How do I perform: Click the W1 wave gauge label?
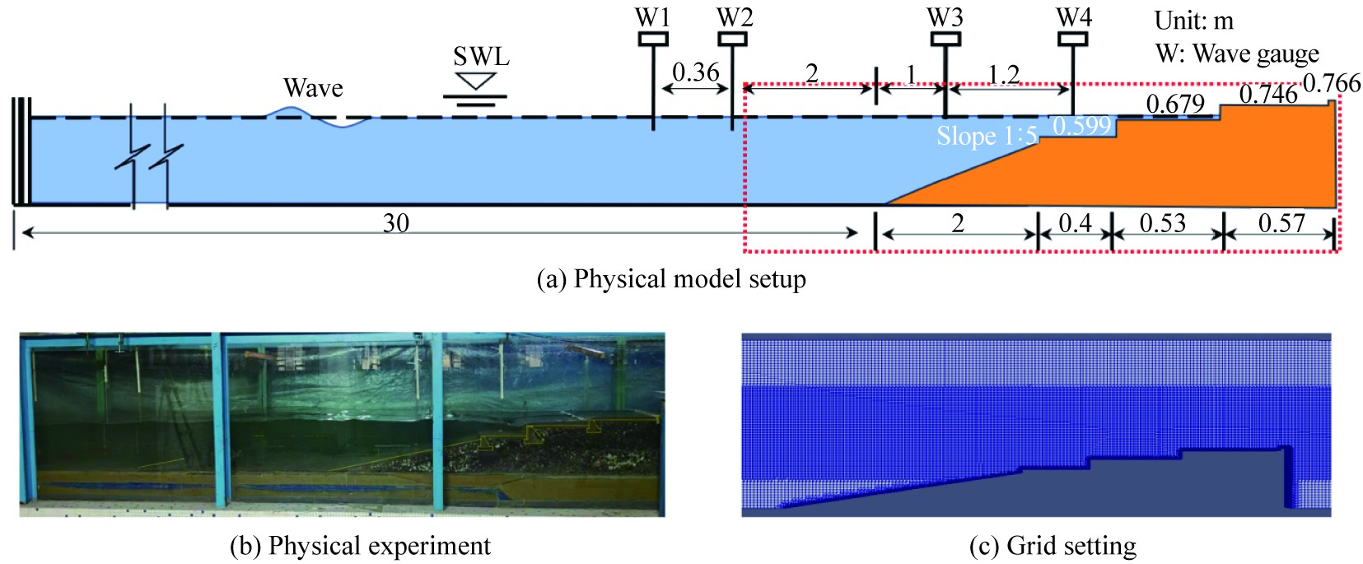tap(652, 17)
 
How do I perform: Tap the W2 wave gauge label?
tap(734, 17)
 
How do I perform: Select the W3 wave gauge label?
tap(945, 17)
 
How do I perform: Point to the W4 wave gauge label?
tap(1074, 17)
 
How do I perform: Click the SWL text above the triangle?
tap(481, 56)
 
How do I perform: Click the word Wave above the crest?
tap(313, 88)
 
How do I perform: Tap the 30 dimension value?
tap(396, 223)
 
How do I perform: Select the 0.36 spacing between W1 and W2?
tap(696, 72)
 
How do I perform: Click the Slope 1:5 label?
tap(987, 136)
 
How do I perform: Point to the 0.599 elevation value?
tap(1081, 126)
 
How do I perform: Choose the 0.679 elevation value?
tap(1175, 104)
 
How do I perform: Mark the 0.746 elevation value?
tap(1268, 94)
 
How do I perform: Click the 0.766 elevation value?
tap(1332, 82)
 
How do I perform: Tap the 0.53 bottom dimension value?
tap(1162, 223)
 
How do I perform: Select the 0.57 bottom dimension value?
tap(1281, 223)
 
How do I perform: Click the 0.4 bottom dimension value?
tap(1075, 223)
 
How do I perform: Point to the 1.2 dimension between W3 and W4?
tap(1003, 75)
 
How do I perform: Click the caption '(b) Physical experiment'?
tap(360, 546)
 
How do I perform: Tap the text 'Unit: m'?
tap(1193, 21)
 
